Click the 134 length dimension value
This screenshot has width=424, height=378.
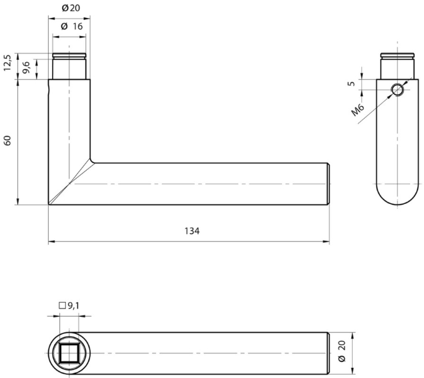coord(191,231)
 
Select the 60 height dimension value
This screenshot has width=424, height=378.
coord(8,141)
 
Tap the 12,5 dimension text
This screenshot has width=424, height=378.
coord(8,63)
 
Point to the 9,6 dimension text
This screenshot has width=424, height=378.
coord(27,67)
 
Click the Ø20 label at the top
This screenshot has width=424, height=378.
coord(71,7)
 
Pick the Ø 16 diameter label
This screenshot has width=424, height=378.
coord(71,25)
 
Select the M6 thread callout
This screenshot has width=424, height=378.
coord(358,110)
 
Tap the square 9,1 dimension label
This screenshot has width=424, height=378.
coord(69,305)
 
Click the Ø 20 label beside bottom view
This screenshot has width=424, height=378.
coord(342,351)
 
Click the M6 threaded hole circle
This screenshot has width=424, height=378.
coord(397,89)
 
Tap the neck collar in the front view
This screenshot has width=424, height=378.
coord(70,66)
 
